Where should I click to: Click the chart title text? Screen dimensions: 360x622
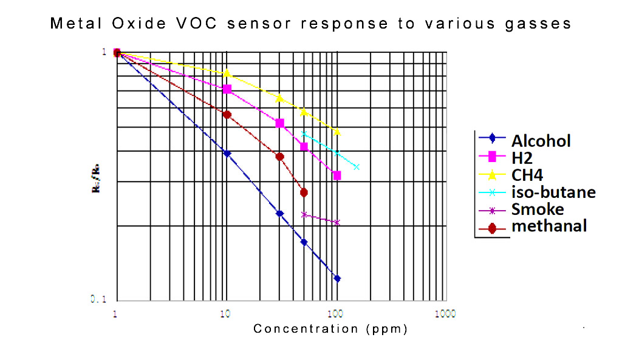click(310, 24)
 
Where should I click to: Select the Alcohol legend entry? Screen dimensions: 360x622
click(541, 141)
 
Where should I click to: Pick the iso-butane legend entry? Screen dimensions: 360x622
click(553, 192)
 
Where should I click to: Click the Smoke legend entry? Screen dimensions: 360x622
click(537, 209)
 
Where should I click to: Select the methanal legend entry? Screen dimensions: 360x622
click(549, 226)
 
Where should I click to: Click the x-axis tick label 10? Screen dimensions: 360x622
click(225, 314)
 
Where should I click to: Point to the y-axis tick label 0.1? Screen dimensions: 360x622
click(100, 299)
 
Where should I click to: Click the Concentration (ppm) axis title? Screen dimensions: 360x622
click(330, 329)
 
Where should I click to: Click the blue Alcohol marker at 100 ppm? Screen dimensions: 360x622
click(337, 279)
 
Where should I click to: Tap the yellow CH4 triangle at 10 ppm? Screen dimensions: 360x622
click(227, 73)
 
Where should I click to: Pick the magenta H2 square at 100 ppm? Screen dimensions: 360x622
click(337, 175)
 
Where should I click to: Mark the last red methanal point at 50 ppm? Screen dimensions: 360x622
click(304, 192)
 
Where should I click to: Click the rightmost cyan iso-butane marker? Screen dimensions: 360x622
click(357, 167)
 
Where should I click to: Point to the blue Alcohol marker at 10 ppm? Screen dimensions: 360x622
click(227, 154)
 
